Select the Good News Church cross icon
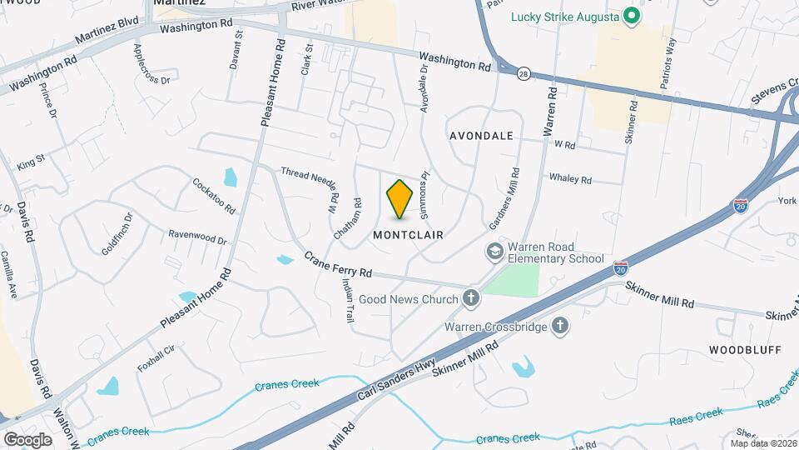(x=470, y=299)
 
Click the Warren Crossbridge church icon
(x=561, y=327)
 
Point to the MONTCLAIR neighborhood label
(x=408, y=235)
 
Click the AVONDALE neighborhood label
(x=481, y=135)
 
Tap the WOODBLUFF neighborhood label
(x=745, y=350)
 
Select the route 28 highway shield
(x=523, y=74)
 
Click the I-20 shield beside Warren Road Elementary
(x=620, y=268)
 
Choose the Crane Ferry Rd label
(x=336, y=265)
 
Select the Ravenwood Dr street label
(x=197, y=237)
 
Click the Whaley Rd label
(x=570, y=179)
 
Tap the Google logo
(x=27, y=439)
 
